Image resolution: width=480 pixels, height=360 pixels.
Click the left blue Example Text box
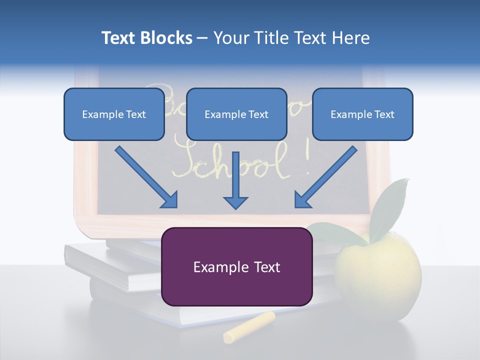pos(114,114)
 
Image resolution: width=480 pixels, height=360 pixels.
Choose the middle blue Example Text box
pos(236,114)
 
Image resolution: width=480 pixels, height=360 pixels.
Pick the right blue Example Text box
pos(362,114)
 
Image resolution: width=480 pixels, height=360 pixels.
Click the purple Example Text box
pos(237,266)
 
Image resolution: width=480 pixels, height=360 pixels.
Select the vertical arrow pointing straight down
pos(235,180)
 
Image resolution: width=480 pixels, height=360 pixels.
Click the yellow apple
pos(378,272)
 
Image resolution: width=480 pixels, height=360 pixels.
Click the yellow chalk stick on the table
pos(249,327)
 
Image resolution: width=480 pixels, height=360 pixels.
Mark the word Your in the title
pos(232,38)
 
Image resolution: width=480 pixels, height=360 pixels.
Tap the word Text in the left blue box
pos(135,114)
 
